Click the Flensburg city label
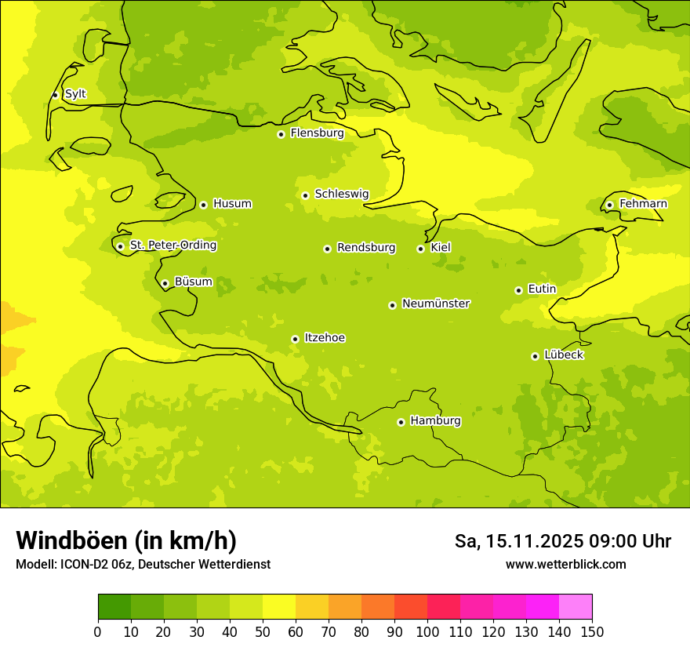click(x=317, y=133)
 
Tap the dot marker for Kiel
click(x=421, y=249)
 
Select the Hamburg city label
click(x=435, y=421)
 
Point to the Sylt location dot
click(x=56, y=95)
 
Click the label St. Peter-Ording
click(x=172, y=245)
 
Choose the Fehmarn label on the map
click(x=643, y=204)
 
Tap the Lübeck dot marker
click(x=536, y=356)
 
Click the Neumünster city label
click(x=436, y=304)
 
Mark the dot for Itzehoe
click(x=296, y=339)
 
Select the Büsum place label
click(x=193, y=282)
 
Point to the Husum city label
click(x=232, y=204)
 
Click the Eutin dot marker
click(x=519, y=290)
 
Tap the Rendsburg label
click(x=366, y=248)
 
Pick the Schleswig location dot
click(x=306, y=195)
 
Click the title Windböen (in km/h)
click(x=126, y=540)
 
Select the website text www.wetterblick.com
click(x=565, y=564)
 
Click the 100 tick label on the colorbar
click(x=427, y=632)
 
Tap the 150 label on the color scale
click(x=592, y=632)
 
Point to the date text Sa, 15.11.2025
click(x=517, y=541)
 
